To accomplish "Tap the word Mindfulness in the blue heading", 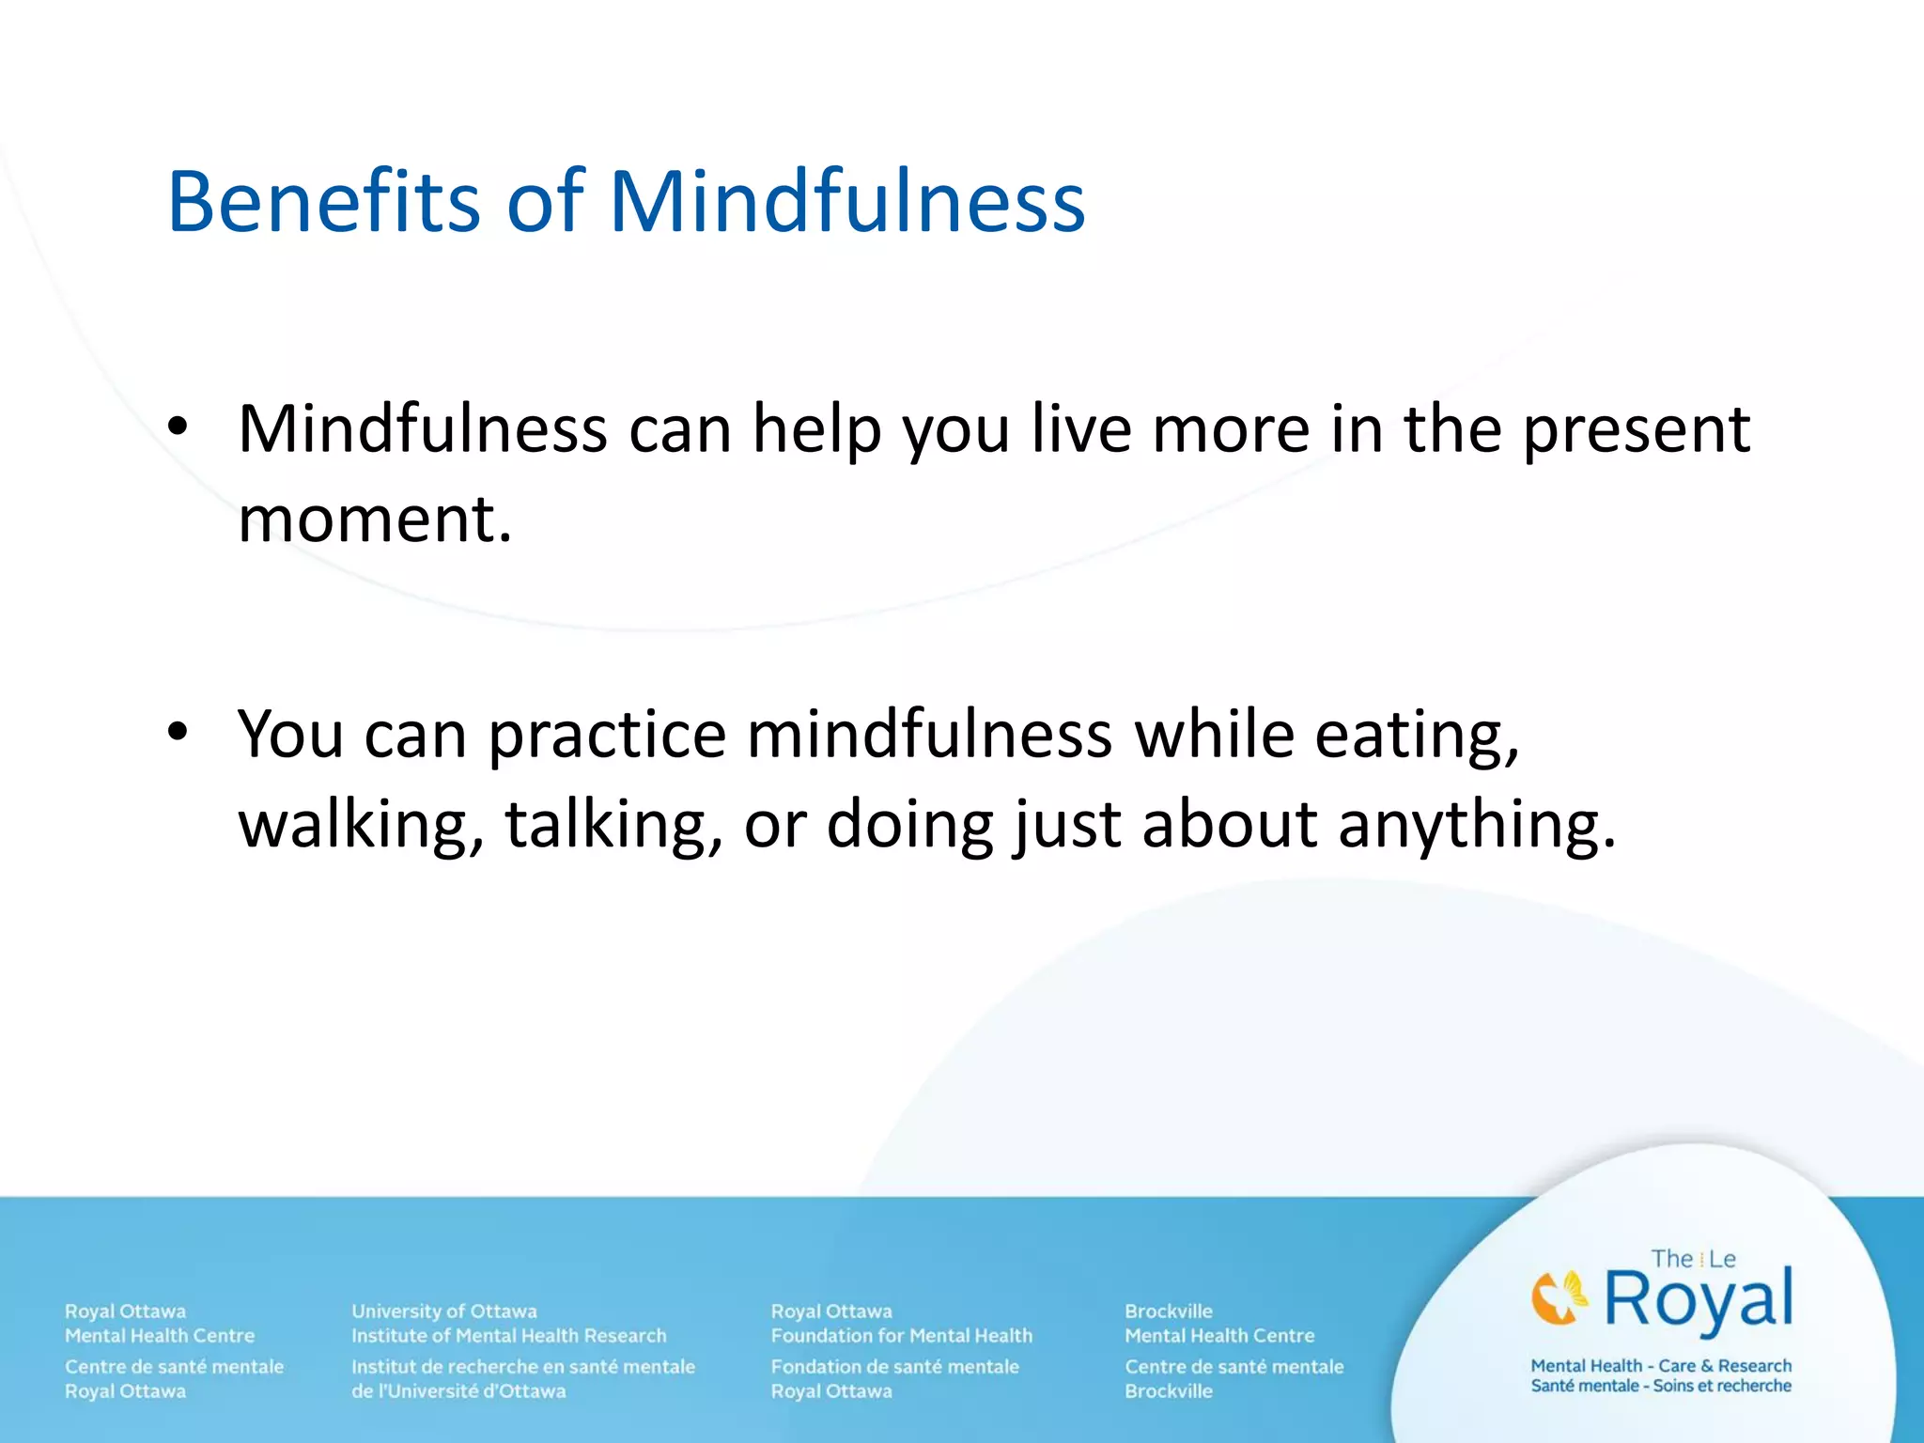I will pyautogui.click(x=846, y=202).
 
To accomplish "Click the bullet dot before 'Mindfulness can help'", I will pyautogui.click(x=178, y=428).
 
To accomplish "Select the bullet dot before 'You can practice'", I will pyautogui.click(x=178, y=732).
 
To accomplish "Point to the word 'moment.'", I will pyautogui.click(x=375, y=520).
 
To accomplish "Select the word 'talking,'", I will pyautogui.click(x=613, y=825).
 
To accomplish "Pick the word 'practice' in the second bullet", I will pyautogui.click(x=607, y=736).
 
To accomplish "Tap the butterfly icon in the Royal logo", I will pyautogui.click(x=1559, y=1297).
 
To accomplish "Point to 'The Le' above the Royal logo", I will pyautogui.click(x=1693, y=1259).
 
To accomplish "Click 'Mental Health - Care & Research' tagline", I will pyautogui.click(x=1661, y=1365).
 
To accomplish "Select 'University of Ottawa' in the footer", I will pyautogui.click(x=444, y=1311).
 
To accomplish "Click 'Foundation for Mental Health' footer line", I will pyautogui.click(x=901, y=1335).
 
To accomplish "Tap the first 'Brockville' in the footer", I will pyautogui.click(x=1169, y=1311).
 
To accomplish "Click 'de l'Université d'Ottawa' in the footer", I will pyautogui.click(x=458, y=1391).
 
